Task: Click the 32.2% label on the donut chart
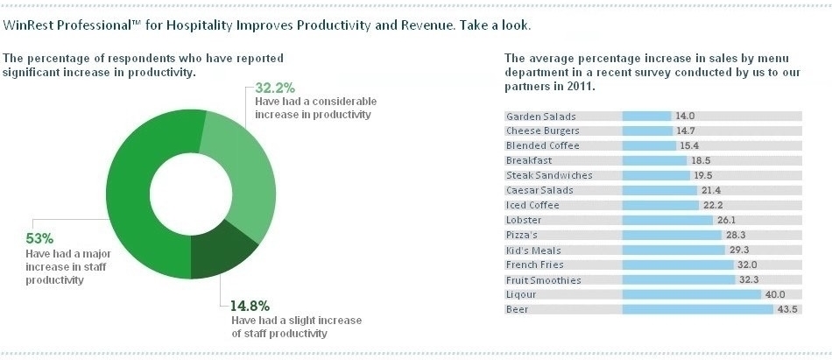click(274, 88)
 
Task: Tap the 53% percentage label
click(40, 237)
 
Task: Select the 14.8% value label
click(250, 306)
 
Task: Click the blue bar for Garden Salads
click(646, 116)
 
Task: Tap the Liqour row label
click(521, 295)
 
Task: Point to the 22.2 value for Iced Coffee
click(712, 205)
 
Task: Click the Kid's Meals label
click(527, 251)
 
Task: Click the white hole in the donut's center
click(188, 193)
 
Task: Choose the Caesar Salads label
click(533, 190)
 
